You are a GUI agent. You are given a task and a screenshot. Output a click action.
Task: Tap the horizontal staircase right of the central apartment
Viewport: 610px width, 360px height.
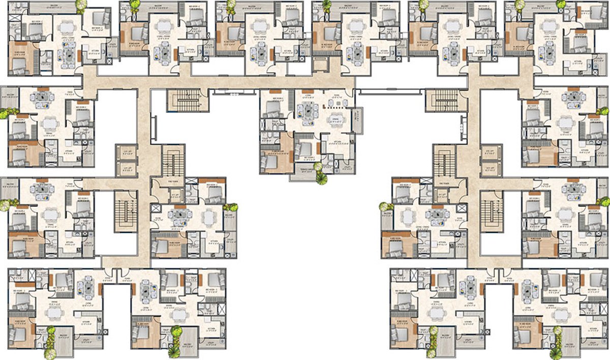pos(439,100)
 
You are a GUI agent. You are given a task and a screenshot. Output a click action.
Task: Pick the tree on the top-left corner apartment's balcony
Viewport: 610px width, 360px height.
pos(80,6)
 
